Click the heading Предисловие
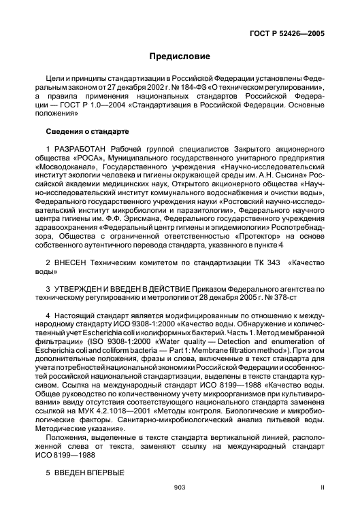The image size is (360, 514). [x=180, y=56]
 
